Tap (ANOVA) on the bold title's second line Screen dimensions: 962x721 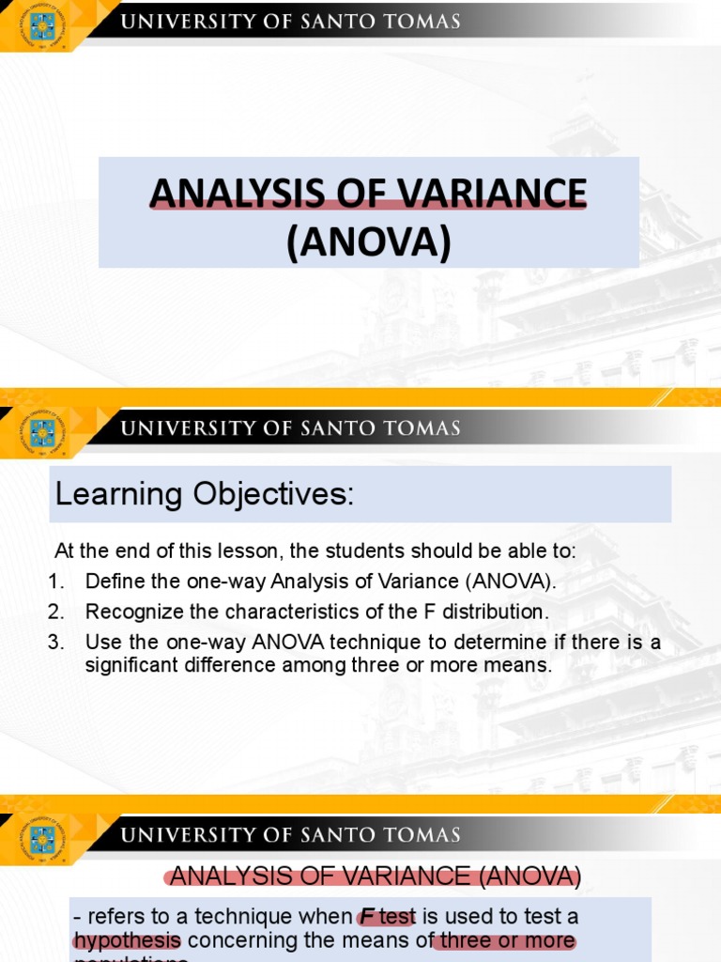[368, 241]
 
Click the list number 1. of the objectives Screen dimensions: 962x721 [55, 582]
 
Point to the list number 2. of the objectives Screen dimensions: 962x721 [56, 612]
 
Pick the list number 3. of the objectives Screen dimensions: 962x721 [56, 643]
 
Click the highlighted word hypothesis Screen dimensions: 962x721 [127, 940]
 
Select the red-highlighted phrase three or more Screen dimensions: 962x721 [508, 940]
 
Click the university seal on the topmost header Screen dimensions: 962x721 [41, 23]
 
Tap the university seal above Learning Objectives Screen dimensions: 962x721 [41, 432]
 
